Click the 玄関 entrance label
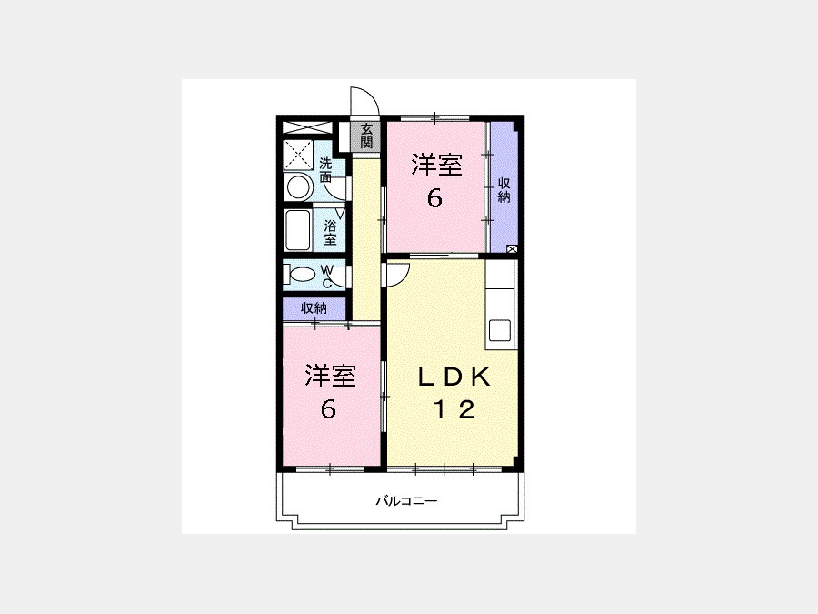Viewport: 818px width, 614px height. pyautogui.click(x=367, y=136)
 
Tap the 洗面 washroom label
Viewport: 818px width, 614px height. pyautogui.click(x=325, y=170)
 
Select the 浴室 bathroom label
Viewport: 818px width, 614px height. pyautogui.click(x=330, y=233)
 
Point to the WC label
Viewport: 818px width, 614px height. pyautogui.click(x=327, y=277)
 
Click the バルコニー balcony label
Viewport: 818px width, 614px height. pyautogui.click(x=407, y=501)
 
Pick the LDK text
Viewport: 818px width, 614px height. pyautogui.click(x=454, y=377)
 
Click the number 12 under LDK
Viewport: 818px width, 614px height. pyautogui.click(x=454, y=408)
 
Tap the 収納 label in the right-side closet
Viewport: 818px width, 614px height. pyautogui.click(x=504, y=190)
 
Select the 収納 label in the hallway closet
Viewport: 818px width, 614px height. pyautogui.click(x=314, y=308)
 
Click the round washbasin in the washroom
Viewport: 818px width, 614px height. pyautogui.click(x=299, y=186)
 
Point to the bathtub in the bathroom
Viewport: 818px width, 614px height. pyautogui.click(x=298, y=230)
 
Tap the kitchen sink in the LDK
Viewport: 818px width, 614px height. pyautogui.click(x=499, y=330)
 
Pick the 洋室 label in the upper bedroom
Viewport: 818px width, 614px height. pyautogui.click(x=436, y=165)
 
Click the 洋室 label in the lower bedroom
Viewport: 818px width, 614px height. pyautogui.click(x=330, y=376)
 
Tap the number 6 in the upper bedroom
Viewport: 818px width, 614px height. pyautogui.click(x=434, y=198)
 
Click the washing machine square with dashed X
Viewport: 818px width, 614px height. pyautogui.click(x=298, y=155)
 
